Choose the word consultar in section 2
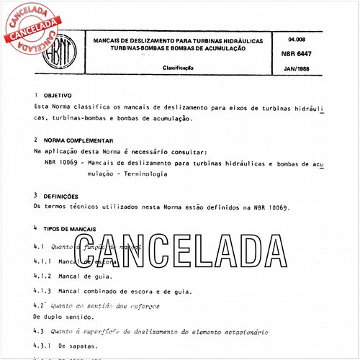pos(185,152)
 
